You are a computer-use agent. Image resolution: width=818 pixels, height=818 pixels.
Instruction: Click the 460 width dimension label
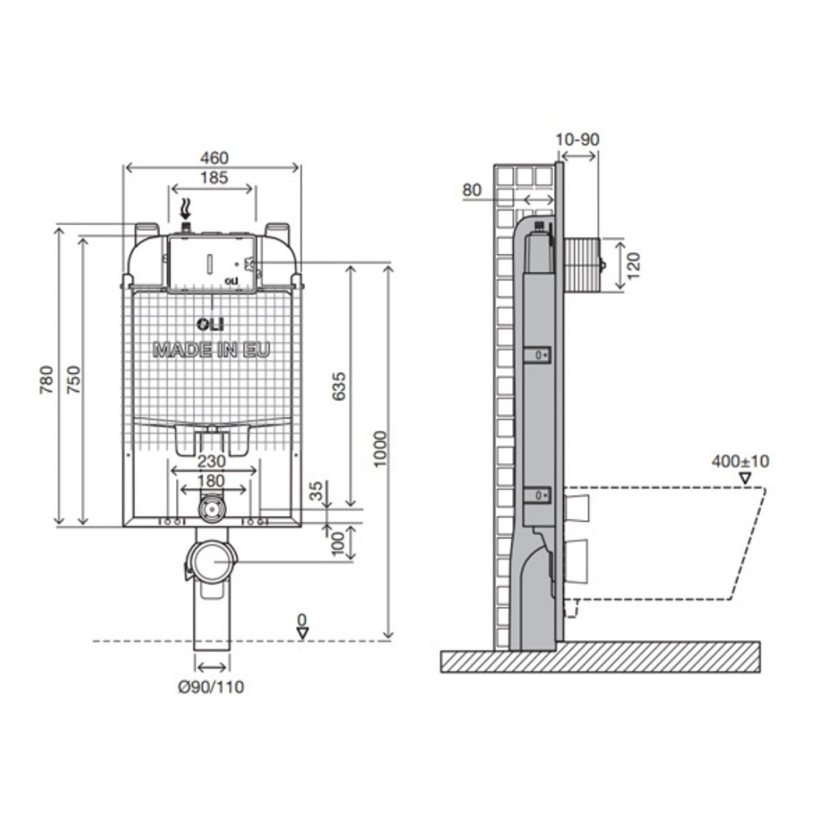[x=213, y=158]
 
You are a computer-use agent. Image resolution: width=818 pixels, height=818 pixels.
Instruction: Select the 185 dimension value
[x=213, y=178]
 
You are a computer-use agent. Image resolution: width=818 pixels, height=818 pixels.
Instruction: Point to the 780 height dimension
[x=47, y=380]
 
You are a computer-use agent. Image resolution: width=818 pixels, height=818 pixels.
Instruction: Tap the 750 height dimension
[x=74, y=380]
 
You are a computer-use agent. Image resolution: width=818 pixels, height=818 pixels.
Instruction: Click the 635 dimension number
[x=339, y=386]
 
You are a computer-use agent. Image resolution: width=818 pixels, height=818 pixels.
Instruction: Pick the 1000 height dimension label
[x=381, y=449]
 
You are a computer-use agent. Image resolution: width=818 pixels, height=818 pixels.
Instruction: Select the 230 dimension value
[x=212, y=461]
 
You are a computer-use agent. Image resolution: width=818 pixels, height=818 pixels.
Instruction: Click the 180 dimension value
[x=212, y=480]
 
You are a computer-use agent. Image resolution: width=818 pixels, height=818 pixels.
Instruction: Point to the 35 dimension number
[x=316, y=491]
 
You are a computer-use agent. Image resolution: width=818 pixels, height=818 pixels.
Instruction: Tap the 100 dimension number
[x=339, y=544]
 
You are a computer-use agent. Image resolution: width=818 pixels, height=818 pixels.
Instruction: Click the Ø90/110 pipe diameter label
[x=211, y=686]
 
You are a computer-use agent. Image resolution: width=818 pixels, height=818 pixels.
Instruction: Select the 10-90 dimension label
[x=578, y=139]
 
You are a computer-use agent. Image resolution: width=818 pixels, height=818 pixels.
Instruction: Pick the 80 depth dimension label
[x=472, y=190]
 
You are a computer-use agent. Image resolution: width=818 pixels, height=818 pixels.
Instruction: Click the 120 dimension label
[x=633, y=265]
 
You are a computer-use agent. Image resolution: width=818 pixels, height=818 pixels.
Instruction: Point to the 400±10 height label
[x=740, y=461]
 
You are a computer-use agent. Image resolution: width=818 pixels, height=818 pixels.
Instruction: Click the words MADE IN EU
[x=212, y=349]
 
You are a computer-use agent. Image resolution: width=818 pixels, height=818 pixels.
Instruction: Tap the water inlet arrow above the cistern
[x=185, y=209]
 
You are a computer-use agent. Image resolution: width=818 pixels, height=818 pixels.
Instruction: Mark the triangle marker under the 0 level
[x=303, y=633]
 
